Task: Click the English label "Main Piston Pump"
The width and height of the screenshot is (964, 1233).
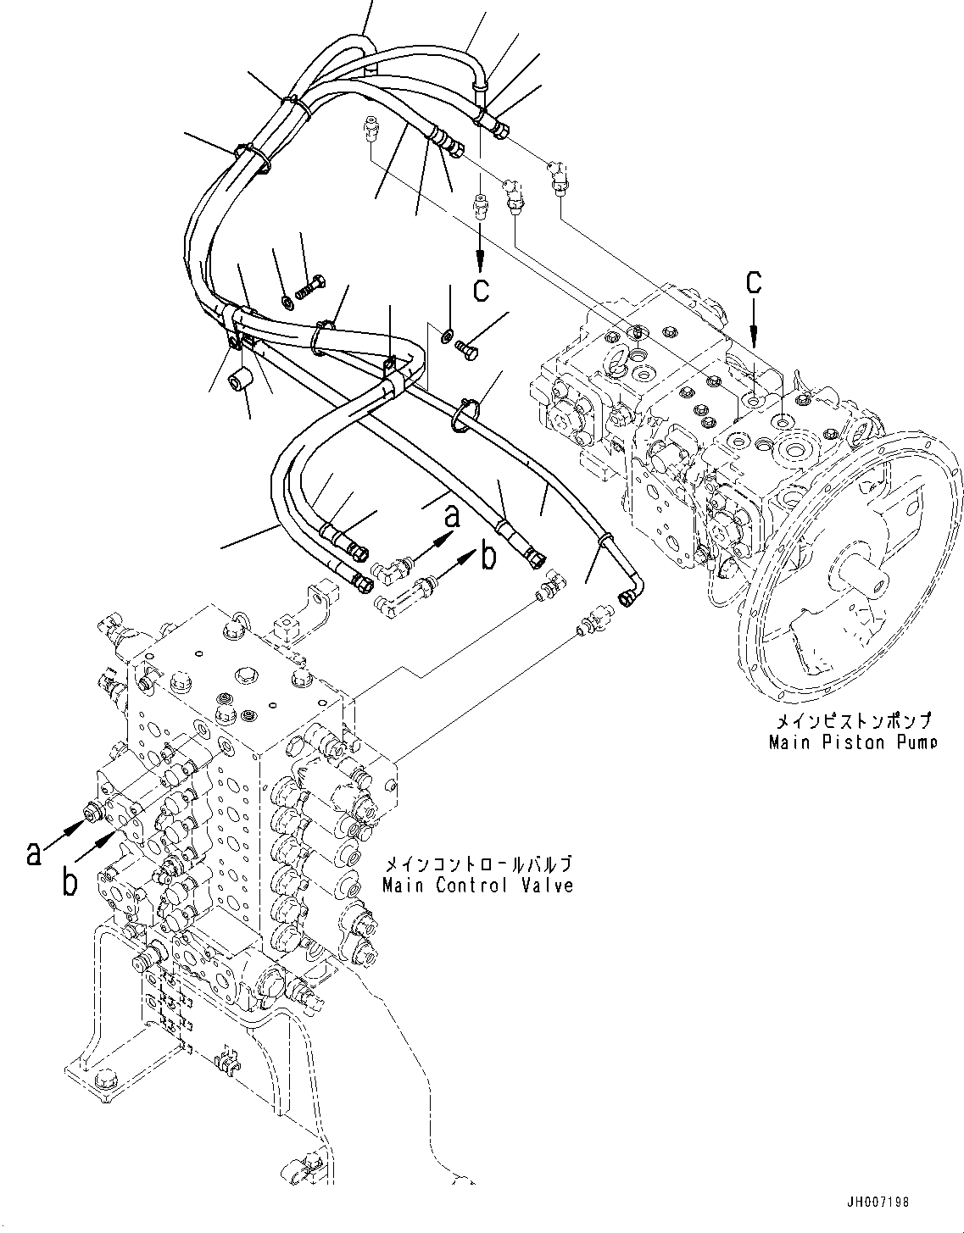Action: (x=852, y=743)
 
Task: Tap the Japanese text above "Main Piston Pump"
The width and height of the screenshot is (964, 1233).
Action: (x=852, y=721)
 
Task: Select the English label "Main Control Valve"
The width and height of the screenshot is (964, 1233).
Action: (x=477, y=886)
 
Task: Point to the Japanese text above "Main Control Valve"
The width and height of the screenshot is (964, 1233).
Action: (x=477, y=864)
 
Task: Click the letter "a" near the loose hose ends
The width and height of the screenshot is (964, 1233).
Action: (x=452, y=515)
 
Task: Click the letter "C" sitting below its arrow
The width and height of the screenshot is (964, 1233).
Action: (x=481, y=290)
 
